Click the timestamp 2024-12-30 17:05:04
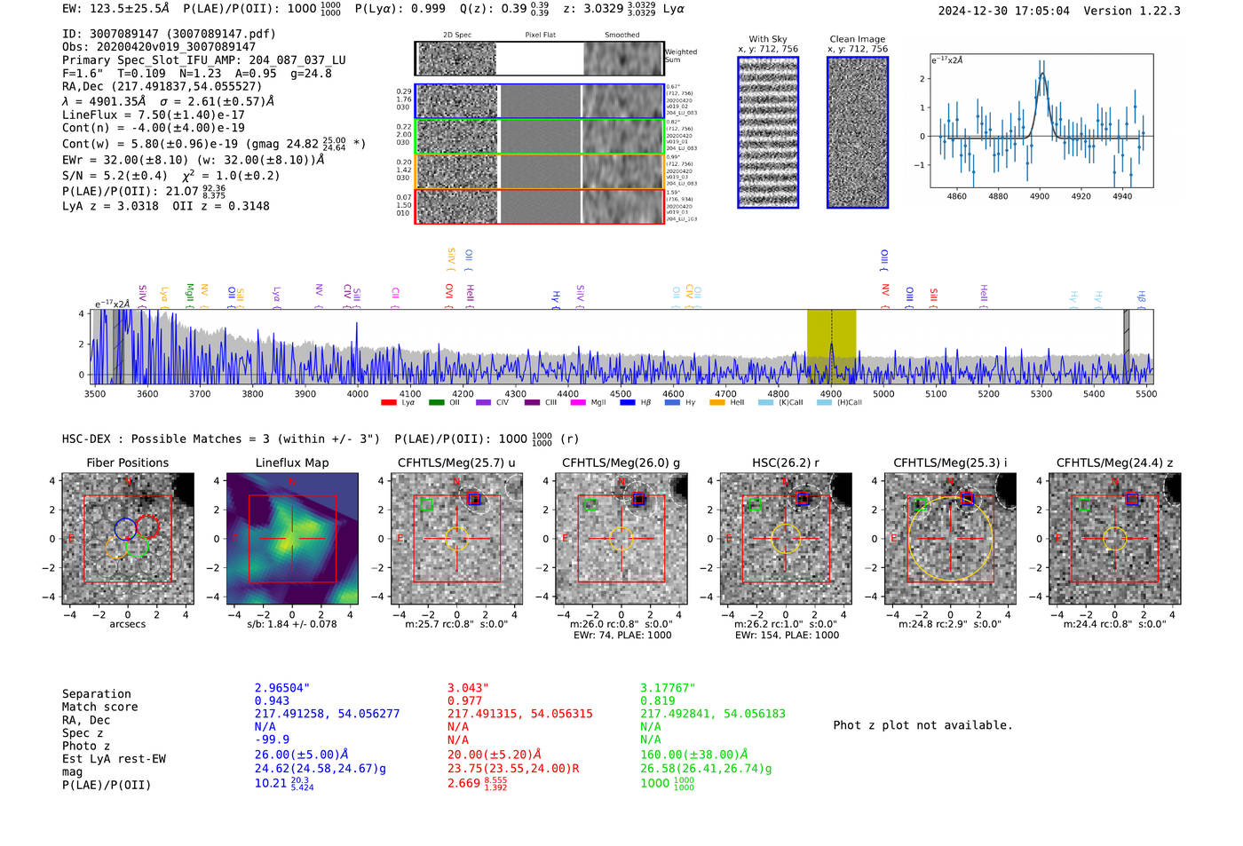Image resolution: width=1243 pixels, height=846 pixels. point(1003,11)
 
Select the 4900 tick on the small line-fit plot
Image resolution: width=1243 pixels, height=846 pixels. point(1040,196)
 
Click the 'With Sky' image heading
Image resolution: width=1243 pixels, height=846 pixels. point(767,39)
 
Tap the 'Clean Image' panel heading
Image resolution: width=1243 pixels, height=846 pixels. point(857,39)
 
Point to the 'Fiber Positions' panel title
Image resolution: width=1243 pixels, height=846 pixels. point(127,463)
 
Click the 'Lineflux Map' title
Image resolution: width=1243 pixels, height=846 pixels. point(292,463)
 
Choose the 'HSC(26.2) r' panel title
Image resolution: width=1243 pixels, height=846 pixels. point(786,463)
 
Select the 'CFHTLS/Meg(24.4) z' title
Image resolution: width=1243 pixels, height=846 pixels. point(1114,463)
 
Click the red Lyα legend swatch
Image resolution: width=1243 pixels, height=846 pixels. point(388,403)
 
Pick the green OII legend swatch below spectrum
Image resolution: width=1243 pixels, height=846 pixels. point(436,403)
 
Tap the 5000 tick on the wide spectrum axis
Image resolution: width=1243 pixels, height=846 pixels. point(883,394)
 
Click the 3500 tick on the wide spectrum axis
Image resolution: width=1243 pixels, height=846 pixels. point(95,394)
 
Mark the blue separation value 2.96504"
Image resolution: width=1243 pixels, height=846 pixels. point(282,688)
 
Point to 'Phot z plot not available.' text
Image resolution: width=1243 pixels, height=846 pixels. point(922,725)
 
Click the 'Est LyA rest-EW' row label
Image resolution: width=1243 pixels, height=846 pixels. point(114,759)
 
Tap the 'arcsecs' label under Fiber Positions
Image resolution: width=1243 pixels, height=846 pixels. point(127,624)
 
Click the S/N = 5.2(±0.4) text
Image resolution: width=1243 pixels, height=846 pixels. point(115,176)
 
